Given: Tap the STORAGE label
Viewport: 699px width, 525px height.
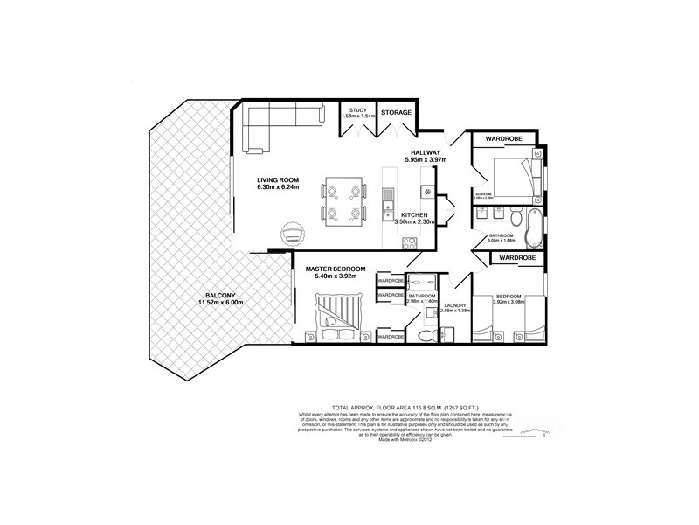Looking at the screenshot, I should pos(396,112).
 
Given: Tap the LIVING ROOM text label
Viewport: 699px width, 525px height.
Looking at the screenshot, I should pos(279,179).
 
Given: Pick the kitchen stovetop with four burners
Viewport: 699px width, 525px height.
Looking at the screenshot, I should pos(428,190).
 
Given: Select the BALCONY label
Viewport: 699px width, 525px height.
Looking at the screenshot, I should pos(218,295).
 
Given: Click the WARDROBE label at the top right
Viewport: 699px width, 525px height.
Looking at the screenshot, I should pos(503,138).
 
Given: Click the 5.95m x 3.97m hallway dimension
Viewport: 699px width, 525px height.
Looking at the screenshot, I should pos(426,160).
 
